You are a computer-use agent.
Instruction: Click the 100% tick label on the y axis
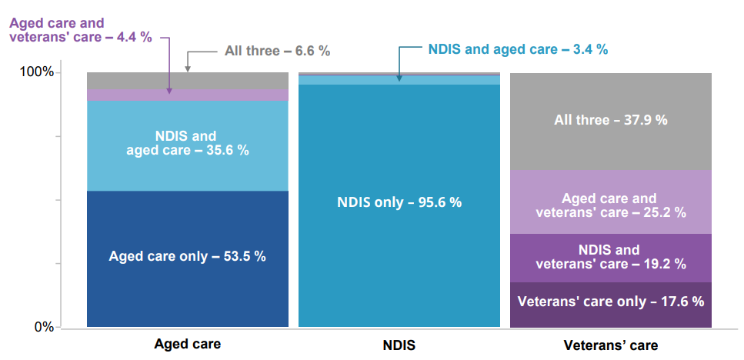[x=36, y=72]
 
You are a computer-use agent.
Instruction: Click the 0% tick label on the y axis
[x=42, y=327]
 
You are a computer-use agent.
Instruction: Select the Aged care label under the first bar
[x=187, y=344]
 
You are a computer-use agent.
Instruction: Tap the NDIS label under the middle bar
[x=399, y=345]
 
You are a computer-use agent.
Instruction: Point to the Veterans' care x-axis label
[x=611, y=345]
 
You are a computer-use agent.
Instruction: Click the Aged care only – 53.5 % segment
[x=187, y=256]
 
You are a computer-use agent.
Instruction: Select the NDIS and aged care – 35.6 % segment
[x=187, y=143]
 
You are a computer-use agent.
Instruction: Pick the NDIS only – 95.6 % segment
[x=399, y=202]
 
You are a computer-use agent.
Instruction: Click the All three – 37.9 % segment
[x=611, y=120]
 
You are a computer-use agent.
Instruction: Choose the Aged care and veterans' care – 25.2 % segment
[x=611, y=205]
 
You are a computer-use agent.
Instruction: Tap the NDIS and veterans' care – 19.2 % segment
[x=611, y=257]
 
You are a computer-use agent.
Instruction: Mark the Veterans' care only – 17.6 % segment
[x=611, y=302]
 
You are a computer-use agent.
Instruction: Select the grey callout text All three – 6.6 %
[x=277, y=52]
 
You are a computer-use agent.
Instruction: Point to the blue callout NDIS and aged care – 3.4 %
[x=517, y=49]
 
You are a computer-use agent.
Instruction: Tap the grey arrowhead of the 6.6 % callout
[x=187, y=69]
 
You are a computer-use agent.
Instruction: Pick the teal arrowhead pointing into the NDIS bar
[x=399, y=77]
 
